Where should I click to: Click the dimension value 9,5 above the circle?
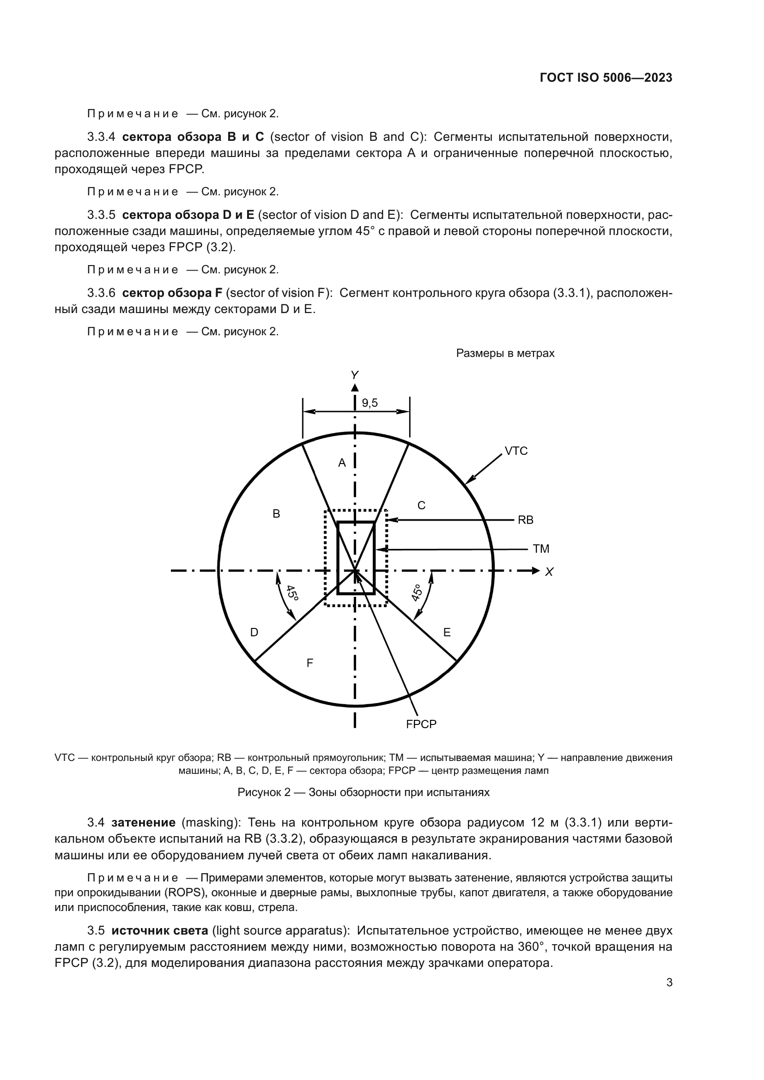370,403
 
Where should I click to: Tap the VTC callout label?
516,451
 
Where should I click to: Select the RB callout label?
525,520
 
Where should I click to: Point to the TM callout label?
540,549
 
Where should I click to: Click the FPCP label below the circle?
421,724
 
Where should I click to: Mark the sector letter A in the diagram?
342,463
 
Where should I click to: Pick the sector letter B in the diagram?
277,514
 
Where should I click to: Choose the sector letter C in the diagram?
422,506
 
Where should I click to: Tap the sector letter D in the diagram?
254,633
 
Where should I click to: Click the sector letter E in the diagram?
447,633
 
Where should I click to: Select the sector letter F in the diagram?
309,663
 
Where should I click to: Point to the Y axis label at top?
355,375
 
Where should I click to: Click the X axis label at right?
549,572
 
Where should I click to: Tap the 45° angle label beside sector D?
292,593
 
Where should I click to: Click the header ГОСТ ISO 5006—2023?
606,78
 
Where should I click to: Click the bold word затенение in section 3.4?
144,823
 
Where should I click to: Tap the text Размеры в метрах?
505,353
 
